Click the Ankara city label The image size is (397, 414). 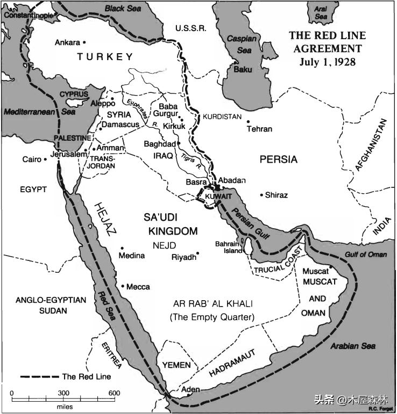[x=67, y=42]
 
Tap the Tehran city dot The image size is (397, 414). [x=249, y=121]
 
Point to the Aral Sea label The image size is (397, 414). [x=321, y=13]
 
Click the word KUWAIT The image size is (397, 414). [x=218, y=197]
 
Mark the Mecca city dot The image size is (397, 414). [x=123, y=286]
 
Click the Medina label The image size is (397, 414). [x=132, y=256]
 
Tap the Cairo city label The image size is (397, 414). [x=31, y=159]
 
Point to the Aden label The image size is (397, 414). [x=190, y=389]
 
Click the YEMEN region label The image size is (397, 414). [x=176, y=365]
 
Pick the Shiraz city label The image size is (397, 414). [x=277, y=195]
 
